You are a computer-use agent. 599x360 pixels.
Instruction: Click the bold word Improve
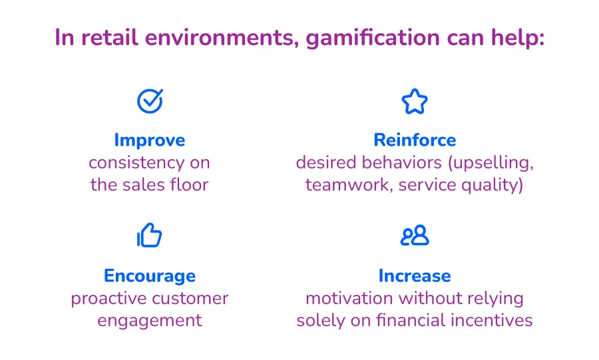click(x=149, y=140)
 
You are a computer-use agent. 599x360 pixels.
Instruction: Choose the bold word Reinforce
click(x=415, y=140)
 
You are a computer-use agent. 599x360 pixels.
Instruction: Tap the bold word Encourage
click(x=149, y=276)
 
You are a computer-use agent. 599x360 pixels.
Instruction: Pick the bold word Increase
click(x=415, y=275)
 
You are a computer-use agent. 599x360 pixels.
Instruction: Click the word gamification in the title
click(x=373, y=38)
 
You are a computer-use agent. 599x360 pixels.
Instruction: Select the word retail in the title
click(x=109, y=37)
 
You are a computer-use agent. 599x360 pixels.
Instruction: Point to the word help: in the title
click(x=518, y=37)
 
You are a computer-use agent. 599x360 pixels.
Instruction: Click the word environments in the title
click(x=222, y=38)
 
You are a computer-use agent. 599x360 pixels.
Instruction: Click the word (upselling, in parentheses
click(x=491, y=163)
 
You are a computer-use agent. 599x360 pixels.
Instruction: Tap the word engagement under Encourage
click(x=149, y=321)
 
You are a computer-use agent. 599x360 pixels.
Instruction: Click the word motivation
click(x=349, y=298)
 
